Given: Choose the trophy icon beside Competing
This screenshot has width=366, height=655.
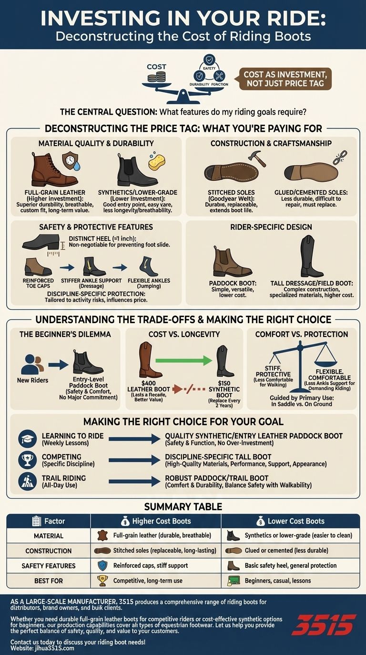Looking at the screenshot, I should tap(27, 460).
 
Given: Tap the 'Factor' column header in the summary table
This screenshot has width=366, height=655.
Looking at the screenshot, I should tap(49, 521).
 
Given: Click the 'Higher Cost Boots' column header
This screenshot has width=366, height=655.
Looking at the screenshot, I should tap(156, 521).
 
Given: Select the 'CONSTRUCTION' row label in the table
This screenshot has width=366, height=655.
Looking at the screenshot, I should tap(49, 551).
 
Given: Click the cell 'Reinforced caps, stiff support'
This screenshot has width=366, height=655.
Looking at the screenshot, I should tap(151, 566).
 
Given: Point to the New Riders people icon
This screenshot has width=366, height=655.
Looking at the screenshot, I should tap(33, 364).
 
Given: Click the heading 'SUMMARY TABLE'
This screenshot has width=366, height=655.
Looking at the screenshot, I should tap(183, 506).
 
